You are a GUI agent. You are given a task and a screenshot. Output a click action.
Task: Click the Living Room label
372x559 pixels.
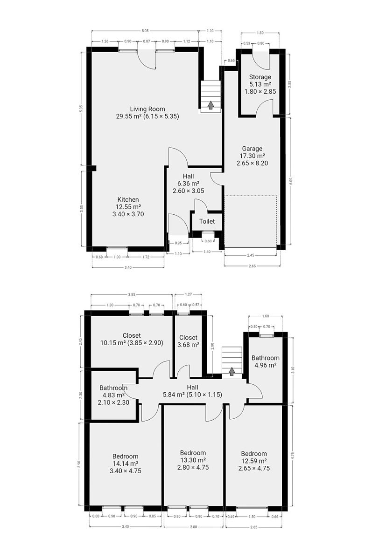click(147, 109)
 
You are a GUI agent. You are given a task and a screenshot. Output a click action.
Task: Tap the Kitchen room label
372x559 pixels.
click(128, 199)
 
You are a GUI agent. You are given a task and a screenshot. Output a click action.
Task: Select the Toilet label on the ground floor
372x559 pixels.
click(207, 221)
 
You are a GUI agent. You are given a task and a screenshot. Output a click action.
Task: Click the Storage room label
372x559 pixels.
click(260, 77)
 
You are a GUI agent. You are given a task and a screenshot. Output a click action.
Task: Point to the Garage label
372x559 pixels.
click(252, 149)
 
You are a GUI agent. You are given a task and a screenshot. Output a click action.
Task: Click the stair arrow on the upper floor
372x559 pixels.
click(232, 371)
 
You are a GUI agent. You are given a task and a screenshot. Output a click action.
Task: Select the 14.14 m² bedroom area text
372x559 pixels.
click(125, 464)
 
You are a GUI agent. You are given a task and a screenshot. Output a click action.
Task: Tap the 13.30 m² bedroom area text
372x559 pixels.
click(193, 460)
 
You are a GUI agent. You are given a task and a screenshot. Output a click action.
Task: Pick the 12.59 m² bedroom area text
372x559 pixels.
click(253, 461)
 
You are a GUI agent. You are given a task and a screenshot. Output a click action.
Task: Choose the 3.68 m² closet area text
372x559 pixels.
click(188, 345)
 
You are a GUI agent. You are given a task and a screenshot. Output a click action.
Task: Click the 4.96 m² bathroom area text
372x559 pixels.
click(266, 366)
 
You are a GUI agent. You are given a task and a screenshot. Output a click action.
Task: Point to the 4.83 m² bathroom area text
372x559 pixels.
click(113, 395)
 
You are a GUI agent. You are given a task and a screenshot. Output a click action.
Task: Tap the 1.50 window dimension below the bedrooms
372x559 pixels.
click(252, 516)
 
